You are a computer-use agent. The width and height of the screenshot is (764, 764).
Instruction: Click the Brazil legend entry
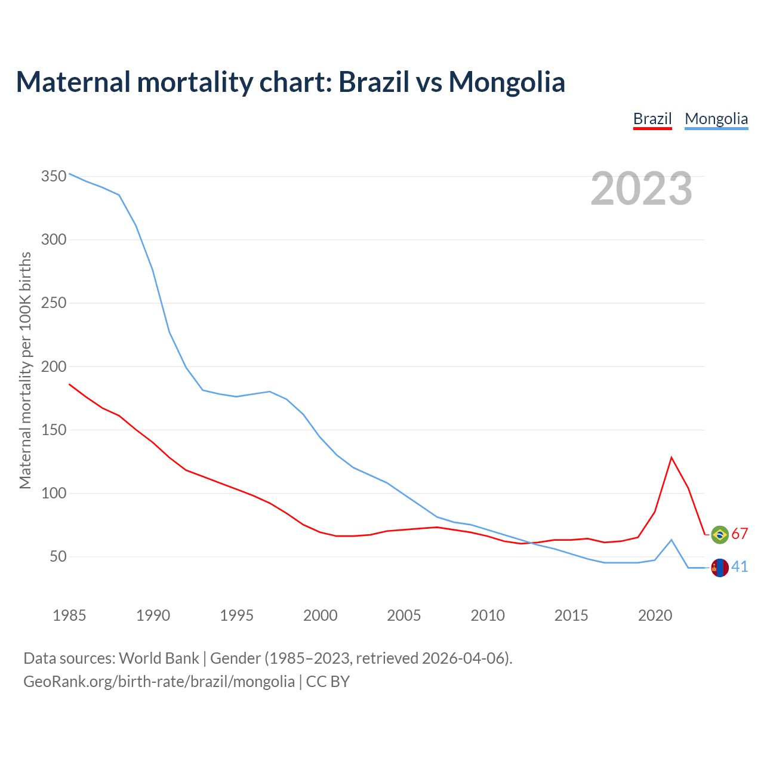pyautogui.click(x=652, y=119)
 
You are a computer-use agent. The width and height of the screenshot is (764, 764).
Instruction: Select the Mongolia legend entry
pyautogui.click(x=716, y=119)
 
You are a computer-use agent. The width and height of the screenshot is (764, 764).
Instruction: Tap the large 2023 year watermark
pyautogui.click(x=642, y=189)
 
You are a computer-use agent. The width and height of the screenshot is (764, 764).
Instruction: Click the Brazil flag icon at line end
pyautogui.click(x=720, y=534)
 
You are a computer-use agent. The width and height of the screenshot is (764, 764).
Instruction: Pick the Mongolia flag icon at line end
pyautogui.click(x=720, y=568)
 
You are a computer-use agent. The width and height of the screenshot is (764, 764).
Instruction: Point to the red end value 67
pyautogui.click(x=740, y=534)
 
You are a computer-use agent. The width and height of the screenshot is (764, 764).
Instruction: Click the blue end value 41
pyautogui.click(x=740, y=567)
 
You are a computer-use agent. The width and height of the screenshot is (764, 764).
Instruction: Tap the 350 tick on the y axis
pyautogui.click(x=53, y=177)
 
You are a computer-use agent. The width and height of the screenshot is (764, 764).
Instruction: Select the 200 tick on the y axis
pyautogui.click(x=53, y=366)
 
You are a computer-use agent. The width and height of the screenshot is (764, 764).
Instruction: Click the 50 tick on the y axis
pyautogui.click(x=57, y=557)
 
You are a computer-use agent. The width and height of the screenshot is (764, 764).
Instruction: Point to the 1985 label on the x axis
pyautogui.click(x=69, y=615)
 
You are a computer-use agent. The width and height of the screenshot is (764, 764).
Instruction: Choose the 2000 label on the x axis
pyautogui.click(x=321, y=615)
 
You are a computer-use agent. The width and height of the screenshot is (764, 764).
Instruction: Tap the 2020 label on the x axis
pyautogui.click(x=655, y=615)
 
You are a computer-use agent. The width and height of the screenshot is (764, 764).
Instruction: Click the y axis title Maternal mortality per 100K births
pyautogui.click(x=25, y=370)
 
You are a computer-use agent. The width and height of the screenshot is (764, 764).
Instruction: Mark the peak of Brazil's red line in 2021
pyautogui.click(x=671, y=458)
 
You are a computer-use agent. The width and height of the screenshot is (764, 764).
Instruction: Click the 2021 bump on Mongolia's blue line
pyautogui.click(x=671, y=540)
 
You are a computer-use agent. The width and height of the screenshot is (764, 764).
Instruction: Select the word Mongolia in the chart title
pyautogui.click(x=507, y=82)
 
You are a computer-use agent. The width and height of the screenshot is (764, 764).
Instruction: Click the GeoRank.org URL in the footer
pyautogui.click(x=159, y=682)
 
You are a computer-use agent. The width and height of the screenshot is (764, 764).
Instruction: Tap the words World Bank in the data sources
pyautogui.click(x=159, y=658)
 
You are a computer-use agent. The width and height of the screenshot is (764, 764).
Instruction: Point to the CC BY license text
pyautogui.click(x=328, y=682)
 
